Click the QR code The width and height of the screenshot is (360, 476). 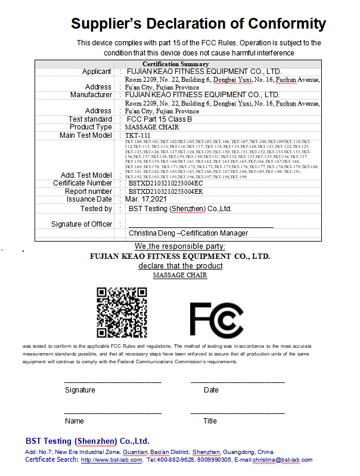tap(122, 311)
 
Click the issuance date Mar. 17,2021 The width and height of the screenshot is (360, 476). tap(147, 199)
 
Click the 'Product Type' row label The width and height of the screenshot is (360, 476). tap(91, 127)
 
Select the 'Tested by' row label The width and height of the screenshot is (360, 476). tap(96, 209)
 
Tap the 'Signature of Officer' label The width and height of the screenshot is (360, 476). tap(82, 224)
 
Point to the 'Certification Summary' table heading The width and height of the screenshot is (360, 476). tap(175, 64)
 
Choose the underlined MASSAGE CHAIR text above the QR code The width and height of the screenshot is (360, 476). tap(180, 276)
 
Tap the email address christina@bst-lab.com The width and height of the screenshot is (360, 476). tap(282, 460)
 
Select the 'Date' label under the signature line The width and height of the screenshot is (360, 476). tap(211, 390)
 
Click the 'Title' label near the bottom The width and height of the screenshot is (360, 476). tap(210, 421)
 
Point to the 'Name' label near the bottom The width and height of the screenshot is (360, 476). tap(74, 421)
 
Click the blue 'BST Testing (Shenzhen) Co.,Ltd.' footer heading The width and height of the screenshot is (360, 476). tap(87, 441)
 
